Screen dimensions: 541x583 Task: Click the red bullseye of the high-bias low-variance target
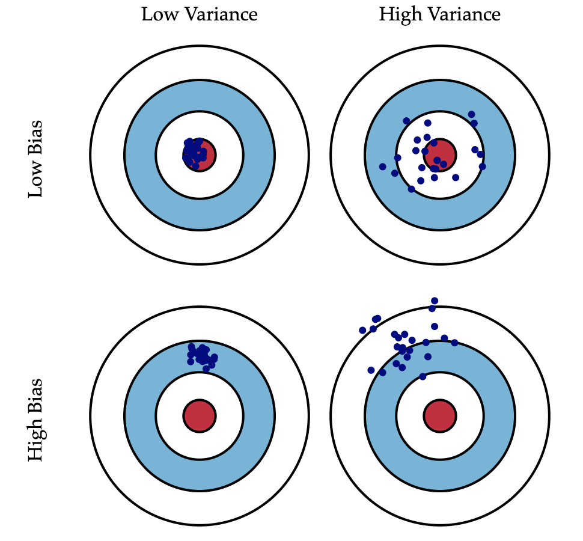[200, 415]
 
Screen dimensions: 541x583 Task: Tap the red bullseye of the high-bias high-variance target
[440, 415]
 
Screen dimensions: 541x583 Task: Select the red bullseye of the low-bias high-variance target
[440, 155]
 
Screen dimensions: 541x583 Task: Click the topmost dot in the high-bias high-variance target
[435, 301]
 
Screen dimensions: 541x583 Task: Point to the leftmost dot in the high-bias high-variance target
[362, 330]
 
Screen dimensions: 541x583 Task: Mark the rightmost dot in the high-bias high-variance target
[454, 343]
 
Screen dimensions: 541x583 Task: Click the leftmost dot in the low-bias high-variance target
[383, 167]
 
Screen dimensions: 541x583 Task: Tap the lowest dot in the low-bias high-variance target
[411, 189]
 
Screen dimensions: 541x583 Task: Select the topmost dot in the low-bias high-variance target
[471, 114]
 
